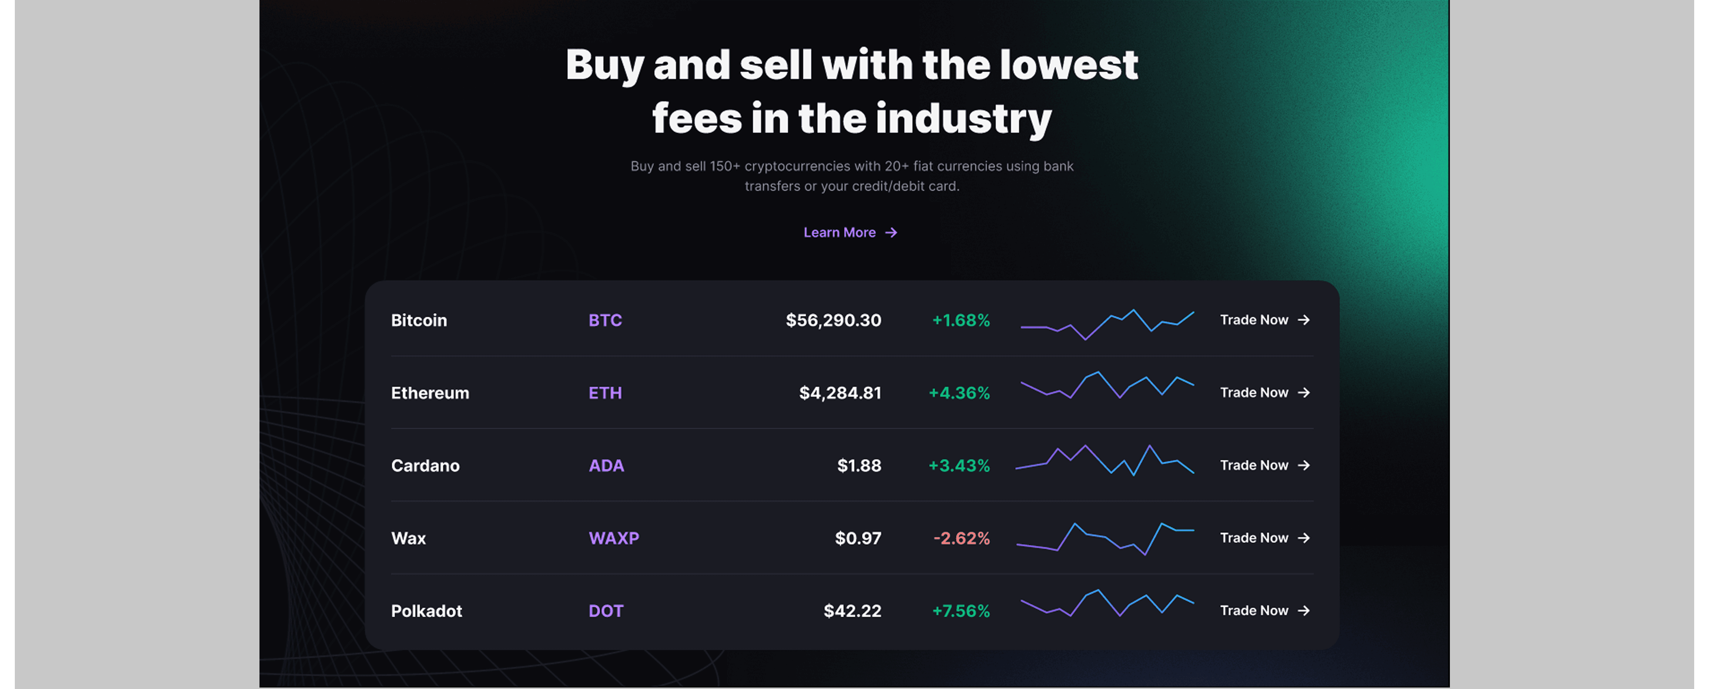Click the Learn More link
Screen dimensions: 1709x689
click(x=850, y=233)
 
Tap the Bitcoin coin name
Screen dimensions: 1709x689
click(x=419, y=320)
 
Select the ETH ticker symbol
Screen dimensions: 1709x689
click(x=605, y=393)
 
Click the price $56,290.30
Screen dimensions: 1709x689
click(x=833, y=320)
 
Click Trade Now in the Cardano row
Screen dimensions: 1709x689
click(x=1264, y=466)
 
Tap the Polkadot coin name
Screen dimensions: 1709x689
click(x=426, y=611)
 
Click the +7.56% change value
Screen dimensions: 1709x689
click(x=961, y=611)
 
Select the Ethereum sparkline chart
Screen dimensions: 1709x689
click(x=1107, y=385)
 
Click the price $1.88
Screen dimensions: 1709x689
click(x=859, y=466)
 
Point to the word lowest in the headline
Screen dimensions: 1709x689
click(x=1069, y=65)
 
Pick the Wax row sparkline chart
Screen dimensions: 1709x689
click(x=1105, y=538)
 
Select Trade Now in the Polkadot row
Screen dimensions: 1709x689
click(x=1264, y=611)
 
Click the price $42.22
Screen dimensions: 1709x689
click(x=852, y=611)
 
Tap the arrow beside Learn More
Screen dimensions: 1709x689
click(x=891, y=233)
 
